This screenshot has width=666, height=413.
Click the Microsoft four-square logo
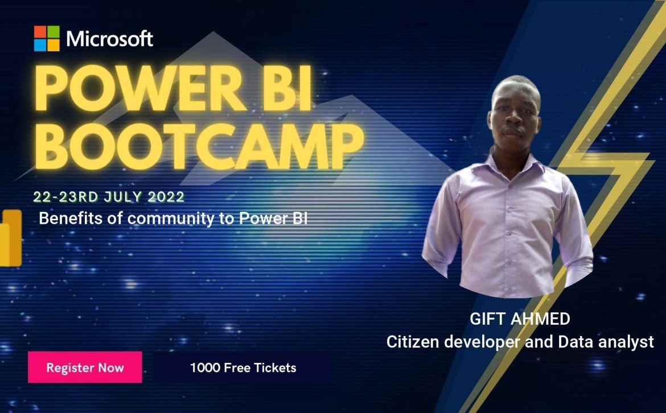click(47, 38)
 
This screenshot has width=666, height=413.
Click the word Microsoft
click(110, 39)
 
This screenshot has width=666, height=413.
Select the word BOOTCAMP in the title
click(199, 146)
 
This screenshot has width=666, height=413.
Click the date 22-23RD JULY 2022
click(109, 197)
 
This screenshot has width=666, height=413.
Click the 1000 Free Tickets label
click(243, 367)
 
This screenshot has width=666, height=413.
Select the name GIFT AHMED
click(520, 318)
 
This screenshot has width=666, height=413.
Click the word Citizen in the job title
click(413, 342)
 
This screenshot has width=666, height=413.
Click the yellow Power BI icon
click(11, 238)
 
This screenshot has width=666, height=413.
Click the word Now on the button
click(111, 368)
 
